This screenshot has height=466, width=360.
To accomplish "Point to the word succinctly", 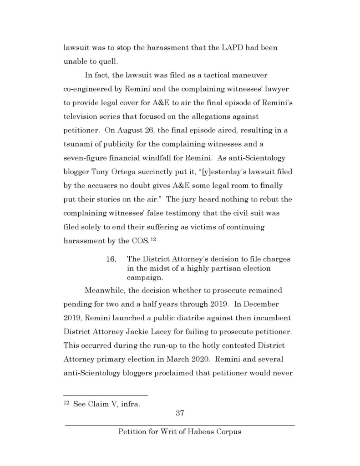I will [x=157, y=172].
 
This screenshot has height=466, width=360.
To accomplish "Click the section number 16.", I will [x=112, y=259].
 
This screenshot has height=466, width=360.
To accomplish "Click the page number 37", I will [x=179, y=413].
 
